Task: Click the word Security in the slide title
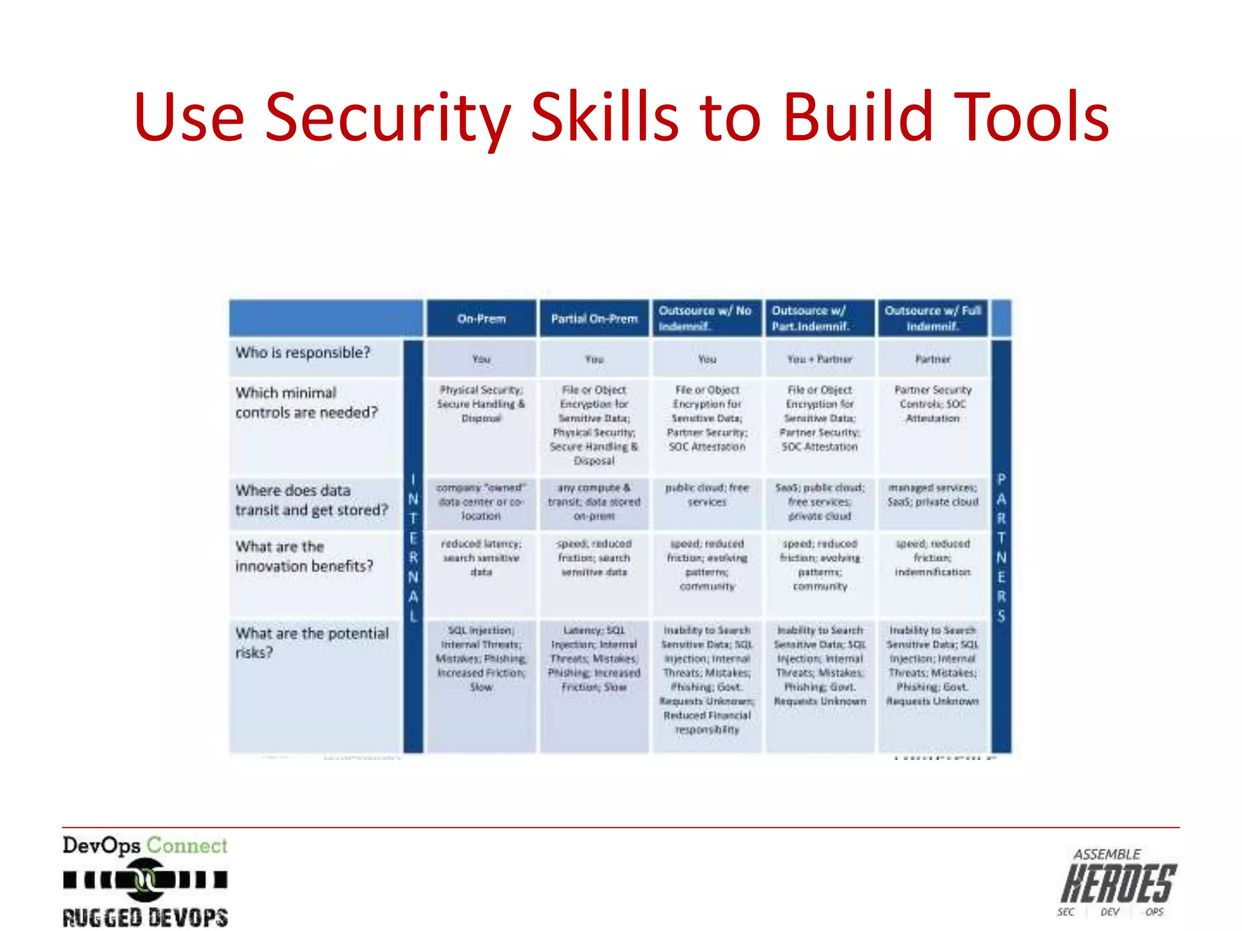(388, 118)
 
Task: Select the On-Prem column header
(481, 319)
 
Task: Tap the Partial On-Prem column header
(594, 319)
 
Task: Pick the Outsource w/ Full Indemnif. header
(933, 318)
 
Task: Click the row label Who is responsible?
(303, 353)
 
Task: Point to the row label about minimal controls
(306, 402)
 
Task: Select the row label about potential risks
(312, 642)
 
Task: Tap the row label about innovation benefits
(304, 556)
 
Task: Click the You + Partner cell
(819, 359)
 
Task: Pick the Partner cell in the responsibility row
(933, 359)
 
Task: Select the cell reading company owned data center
(481, 502)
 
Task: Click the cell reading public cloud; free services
(707, 495)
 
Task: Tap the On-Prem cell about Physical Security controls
(481, 404)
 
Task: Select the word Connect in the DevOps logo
(187, 846)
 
